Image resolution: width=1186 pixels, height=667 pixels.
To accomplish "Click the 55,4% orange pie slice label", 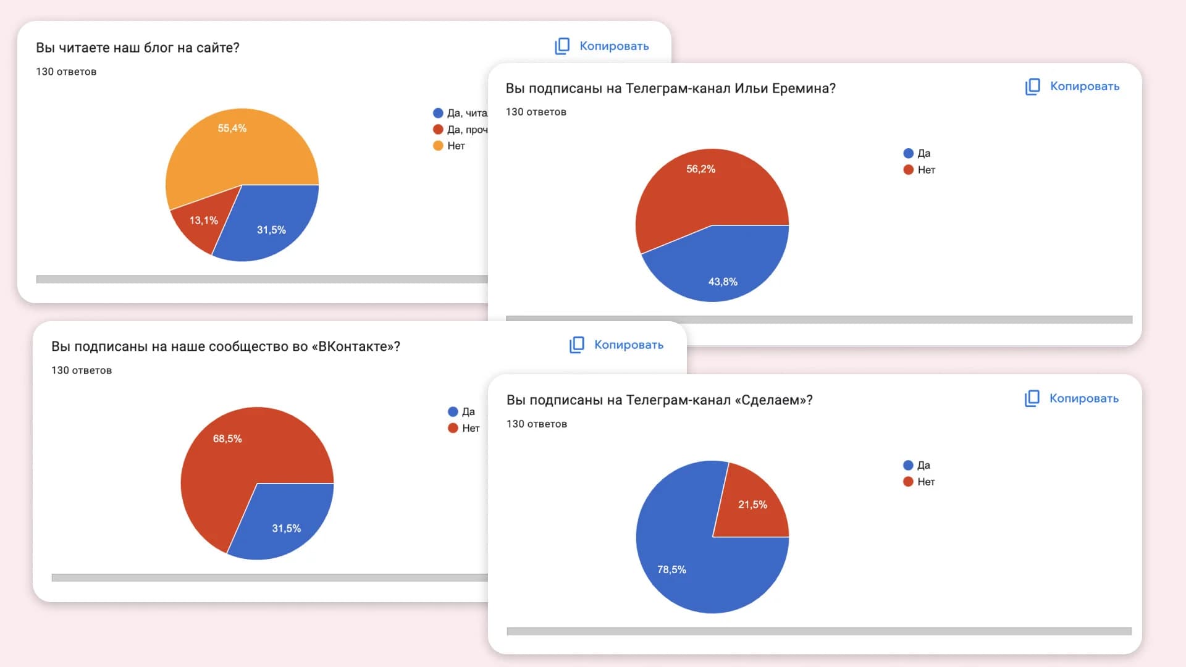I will (x=232, y=128).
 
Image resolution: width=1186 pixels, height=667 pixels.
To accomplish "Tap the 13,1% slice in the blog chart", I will (x=203, y=220).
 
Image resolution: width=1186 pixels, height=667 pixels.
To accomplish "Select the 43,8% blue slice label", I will (x=723, y=282).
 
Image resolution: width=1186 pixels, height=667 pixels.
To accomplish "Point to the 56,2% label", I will (x=700, y=169).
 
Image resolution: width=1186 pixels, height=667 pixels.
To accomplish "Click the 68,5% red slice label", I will (x=227, y=438).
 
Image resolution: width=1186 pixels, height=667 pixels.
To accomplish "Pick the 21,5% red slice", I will (x=752, y=505).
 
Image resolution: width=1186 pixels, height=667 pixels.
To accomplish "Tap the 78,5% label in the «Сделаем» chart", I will (x=671, y=569).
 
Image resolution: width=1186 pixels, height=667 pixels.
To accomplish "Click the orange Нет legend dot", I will (x=438, y=146).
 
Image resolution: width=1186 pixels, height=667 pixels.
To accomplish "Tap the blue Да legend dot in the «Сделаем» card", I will (x=908, y=465).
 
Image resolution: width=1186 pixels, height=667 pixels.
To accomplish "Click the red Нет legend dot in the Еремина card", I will (x=908, y=170).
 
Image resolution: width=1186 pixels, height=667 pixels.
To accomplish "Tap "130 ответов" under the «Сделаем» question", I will (x=536, y=424).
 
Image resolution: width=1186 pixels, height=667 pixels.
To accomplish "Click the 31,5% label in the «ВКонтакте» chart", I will (x=286, y=528).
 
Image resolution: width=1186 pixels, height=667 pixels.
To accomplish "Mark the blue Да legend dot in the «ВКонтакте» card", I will (x=453, y=411).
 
